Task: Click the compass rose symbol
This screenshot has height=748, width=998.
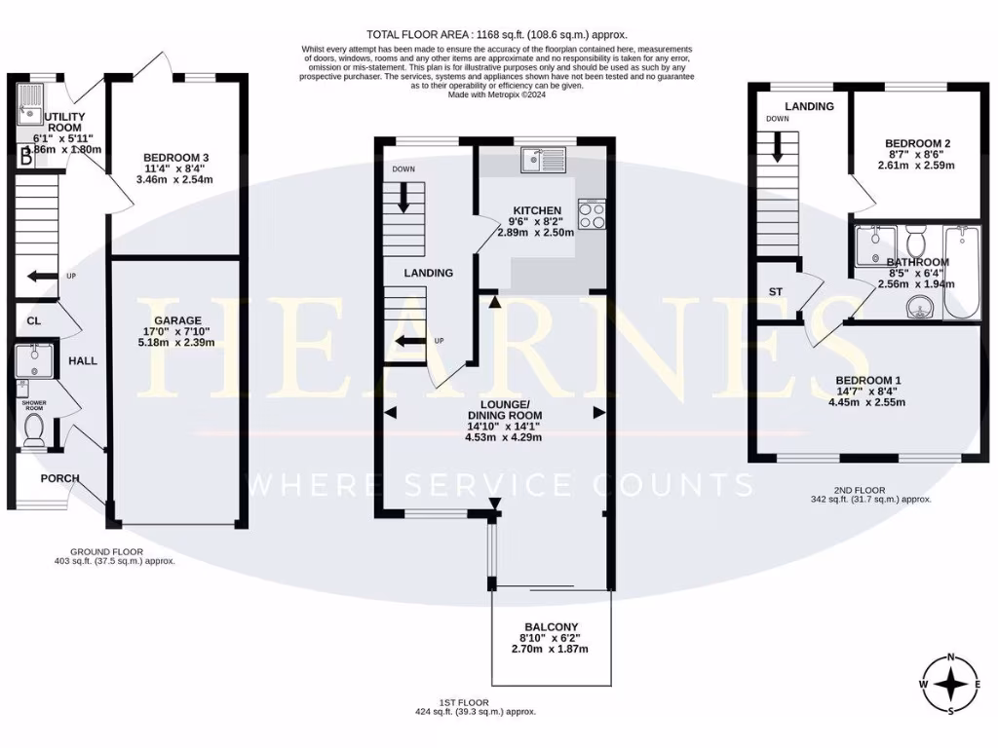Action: (x=950, y=685)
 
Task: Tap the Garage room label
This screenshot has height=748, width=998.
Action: (x=177, y=320)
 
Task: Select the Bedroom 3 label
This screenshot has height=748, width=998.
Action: (x=176, y=158)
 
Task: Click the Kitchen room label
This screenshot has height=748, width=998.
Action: (x=536, y=210)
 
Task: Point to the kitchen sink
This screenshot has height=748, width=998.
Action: (x=537, y=158)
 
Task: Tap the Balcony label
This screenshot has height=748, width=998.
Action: (x=552, y=627)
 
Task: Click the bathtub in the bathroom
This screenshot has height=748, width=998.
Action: (x=962, y=272)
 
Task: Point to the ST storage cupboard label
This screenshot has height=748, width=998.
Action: (x=776, y=291)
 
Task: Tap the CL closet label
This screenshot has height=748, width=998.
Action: (x=34, y=319)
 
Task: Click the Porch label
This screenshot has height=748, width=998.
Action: (x=59, y=478)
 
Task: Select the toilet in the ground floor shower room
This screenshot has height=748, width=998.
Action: (x=34, y=430)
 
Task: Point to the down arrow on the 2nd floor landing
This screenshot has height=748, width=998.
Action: (x=778, y=146)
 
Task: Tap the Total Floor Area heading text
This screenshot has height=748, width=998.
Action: (x=498, y=33)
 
